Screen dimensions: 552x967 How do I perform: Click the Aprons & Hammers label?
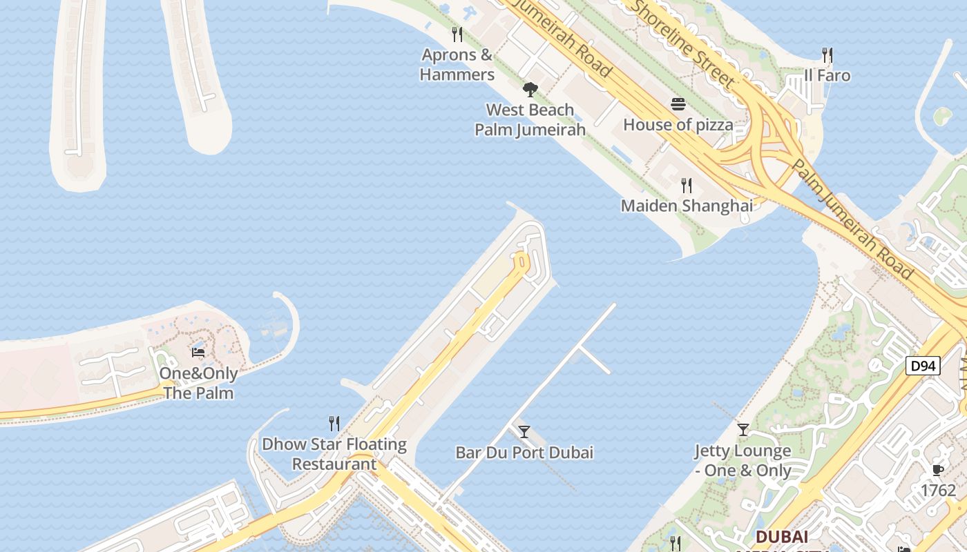[x=457, y=65]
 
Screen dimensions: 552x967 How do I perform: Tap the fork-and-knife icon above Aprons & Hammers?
[x=457, y=34]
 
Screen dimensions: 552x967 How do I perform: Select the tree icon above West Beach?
[x=530, y=88]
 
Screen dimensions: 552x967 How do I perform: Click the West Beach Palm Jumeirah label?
[x=530, y=119]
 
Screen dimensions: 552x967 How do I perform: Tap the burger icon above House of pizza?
[x=678, y=104]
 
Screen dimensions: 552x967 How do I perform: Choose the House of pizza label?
[x=678, y=125]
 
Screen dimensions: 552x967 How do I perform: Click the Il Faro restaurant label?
[x=827, y=75]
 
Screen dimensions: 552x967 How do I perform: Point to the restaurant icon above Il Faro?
[x=827, y=55]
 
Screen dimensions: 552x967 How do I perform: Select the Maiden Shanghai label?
[x=687, y=206]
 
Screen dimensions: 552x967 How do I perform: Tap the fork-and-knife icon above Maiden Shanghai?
[x=687, y=185]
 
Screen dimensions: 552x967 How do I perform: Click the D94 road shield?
[x=923, y=366]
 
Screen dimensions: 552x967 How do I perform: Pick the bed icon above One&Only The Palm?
[x=198, y=353]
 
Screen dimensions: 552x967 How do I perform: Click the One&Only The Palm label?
[x=198, y=383]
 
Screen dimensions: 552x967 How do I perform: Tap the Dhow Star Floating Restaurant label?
[x=334, y=453]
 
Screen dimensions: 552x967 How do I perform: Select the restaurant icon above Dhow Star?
[x=334, y=423]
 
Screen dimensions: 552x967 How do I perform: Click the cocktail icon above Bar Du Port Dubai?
[x=524, y=432]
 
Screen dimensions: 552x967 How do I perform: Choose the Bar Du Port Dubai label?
[x=524, y=453]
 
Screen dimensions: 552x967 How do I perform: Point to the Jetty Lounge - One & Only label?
[x=743, y=460]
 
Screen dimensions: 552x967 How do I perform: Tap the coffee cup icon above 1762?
[x=937, y=470]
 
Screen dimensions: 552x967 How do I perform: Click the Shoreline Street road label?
[x=684, y=43]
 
